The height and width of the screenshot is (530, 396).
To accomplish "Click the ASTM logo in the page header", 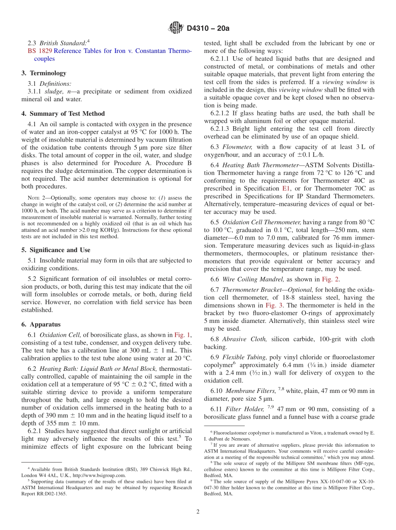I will [x=175, y=28].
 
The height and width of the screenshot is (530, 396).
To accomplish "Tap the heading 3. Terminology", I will [x=44, y=73].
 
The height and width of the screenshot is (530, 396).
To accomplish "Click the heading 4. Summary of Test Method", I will [x=63, y=113].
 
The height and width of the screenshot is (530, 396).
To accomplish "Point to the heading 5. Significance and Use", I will [x=56, y=250].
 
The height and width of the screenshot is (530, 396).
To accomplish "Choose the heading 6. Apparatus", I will [x=41, y=324].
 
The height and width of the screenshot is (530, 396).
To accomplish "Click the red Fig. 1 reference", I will [x=182, y=335].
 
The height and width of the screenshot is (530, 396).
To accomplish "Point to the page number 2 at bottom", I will [x=198, y=512].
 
